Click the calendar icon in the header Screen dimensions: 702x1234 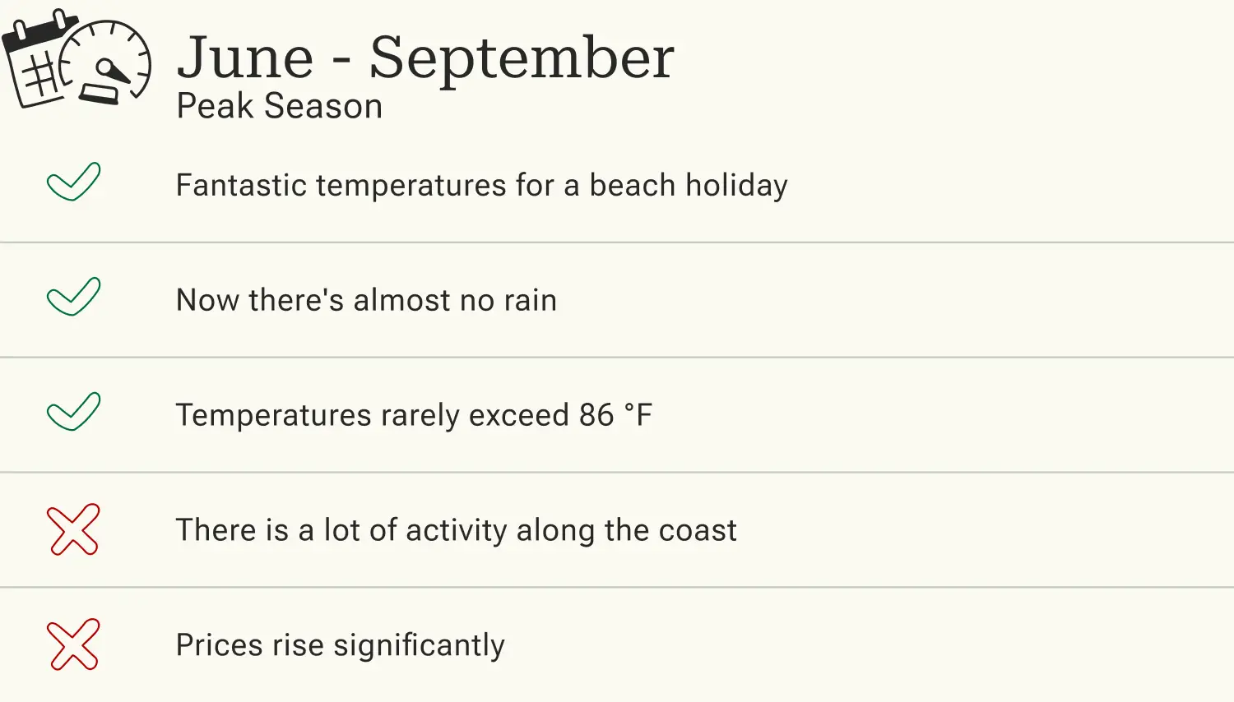pyautogui.click(x=37, y=62)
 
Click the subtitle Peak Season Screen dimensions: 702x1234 pyautogui.click(x=279, y=107)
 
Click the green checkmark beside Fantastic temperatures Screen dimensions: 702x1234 pyautogui.click(x=73, y=182)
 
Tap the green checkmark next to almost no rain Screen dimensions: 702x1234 pyautogui.click(x=73, y=297)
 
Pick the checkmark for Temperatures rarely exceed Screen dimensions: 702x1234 pyautogui.click(x=73, y=412)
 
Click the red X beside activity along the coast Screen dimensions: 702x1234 pyautogui.click(x=73, y=529)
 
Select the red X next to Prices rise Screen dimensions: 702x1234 pyautogui.click(x=73, y=644)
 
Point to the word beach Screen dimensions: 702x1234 pyautogui.click(x=632, y=185)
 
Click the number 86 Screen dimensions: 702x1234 pyautogui.click(x=596, y=415)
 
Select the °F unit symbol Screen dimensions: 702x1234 pyautogui.click(x=638, y=415)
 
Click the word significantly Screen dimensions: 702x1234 pyautogui.click(x=419, y=646)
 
